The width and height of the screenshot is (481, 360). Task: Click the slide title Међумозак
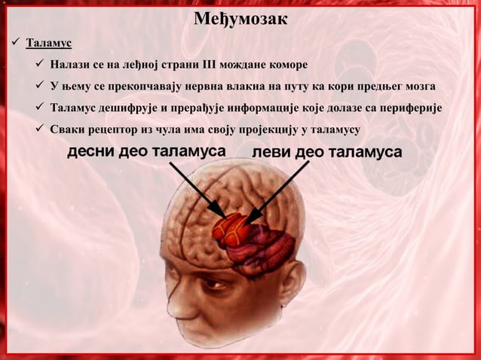(x=240, y=17)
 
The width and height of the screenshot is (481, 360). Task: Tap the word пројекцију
(x=267, y=130)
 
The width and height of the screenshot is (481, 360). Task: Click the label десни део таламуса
(x=146, y=151)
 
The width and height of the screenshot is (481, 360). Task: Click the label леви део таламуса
(x=326, y=152)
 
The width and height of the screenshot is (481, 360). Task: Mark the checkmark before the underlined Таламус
(x=13, y=41)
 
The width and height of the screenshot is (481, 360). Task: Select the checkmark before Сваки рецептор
(x=40, y=130)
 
